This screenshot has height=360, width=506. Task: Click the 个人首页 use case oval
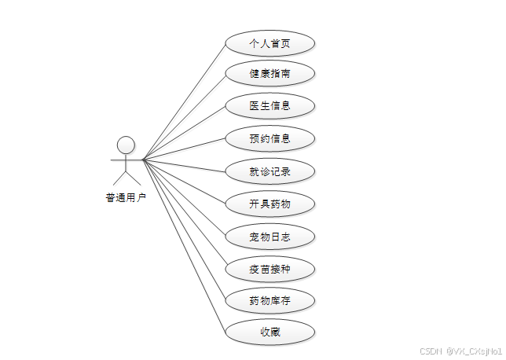(x=270, y=42)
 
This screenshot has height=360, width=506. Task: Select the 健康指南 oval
(x=270, y=74)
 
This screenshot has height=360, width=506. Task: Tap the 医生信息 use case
(x=270, y=106)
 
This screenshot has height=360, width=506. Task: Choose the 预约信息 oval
(x=270, y=138)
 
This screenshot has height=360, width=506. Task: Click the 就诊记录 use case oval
(x=270, y=171)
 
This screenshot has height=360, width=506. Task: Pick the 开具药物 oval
(x=270, y=204)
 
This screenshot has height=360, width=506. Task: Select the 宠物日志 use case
(x=270, y=236)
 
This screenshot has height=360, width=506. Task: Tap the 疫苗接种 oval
(x=270, y=269)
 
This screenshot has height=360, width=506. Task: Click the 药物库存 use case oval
(x=270, y=300)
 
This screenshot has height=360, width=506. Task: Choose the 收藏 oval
(x=270, y=332)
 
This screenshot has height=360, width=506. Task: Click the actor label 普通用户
(x=126, y=198)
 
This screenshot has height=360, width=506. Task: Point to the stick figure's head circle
(x=126, y=145)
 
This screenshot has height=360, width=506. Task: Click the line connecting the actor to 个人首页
(x=184, y=101)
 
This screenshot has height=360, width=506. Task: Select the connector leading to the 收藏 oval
(x=184, y=245)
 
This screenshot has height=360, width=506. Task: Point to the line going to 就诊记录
(x=184, y=165)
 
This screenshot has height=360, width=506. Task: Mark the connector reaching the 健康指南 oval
(x=184, y=117)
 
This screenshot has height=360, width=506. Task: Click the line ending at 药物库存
(x=184, y=230)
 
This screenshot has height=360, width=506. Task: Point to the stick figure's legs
(x=126, y=178)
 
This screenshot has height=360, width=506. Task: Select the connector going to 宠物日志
(x=184, y=197)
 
